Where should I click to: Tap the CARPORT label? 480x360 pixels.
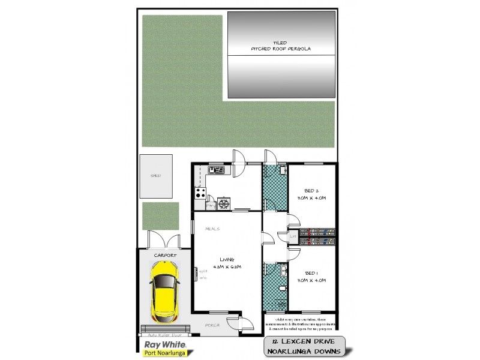click(164, 256)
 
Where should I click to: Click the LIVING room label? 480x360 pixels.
click(218, 259)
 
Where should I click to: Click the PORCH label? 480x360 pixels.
click(212, 325)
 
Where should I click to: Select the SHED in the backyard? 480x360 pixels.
click(156, 176)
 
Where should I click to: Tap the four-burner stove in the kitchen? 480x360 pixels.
click(199, 193)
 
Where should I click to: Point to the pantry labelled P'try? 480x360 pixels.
click(211, 205)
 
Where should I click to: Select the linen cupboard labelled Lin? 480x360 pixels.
click(292, 236)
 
